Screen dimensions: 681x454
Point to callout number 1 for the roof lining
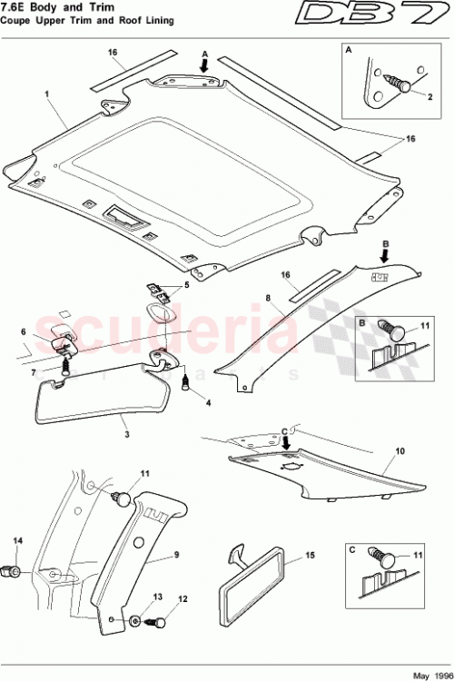coord(45,93)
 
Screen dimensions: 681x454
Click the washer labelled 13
coord(135,621)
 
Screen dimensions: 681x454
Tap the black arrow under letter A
coord(205,66)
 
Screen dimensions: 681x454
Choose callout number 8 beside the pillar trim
coord(267,297)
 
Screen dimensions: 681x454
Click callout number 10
coord(399,450)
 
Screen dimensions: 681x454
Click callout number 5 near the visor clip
coord(187,284)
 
